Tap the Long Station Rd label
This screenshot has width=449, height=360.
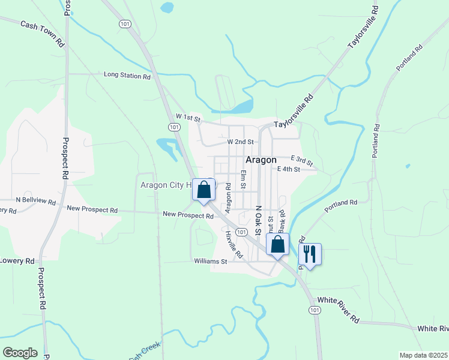(127, 76)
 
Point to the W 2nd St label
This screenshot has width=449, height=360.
(240, 142)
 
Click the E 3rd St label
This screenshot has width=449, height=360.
(301, 160)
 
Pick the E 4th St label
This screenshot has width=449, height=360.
(288, 169)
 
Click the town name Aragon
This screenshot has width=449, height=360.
(261, 160)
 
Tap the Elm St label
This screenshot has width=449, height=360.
(244, 179)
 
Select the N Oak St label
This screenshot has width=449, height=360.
(259, 221)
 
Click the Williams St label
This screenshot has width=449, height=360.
(210, 261)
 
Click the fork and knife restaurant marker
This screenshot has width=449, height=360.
(310, 254)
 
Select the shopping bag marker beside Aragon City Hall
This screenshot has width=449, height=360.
(204, 190)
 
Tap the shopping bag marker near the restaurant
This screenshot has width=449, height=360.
(277, 244)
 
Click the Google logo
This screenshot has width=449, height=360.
(20, 353)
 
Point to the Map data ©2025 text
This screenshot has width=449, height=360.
(423, 355)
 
